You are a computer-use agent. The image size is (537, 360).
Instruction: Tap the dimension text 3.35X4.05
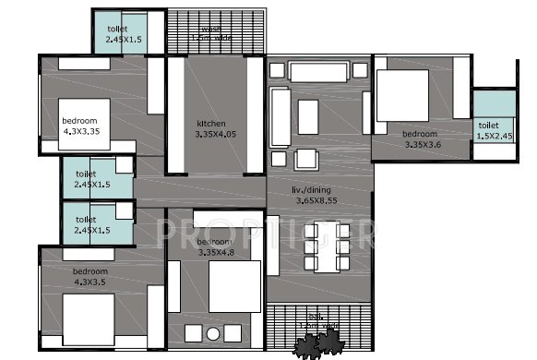pos(216,134)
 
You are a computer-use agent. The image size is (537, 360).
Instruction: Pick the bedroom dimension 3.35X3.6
pos(424,145)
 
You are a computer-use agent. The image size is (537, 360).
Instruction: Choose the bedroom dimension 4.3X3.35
pos(80,131)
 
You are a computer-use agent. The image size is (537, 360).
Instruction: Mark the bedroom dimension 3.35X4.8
pos(218,253)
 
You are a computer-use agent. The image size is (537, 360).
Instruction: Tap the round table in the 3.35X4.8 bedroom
pos(213,332)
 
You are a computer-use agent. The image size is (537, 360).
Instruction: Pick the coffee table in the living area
pos(308,115)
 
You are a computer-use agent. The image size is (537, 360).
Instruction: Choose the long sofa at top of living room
pos(319,71)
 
